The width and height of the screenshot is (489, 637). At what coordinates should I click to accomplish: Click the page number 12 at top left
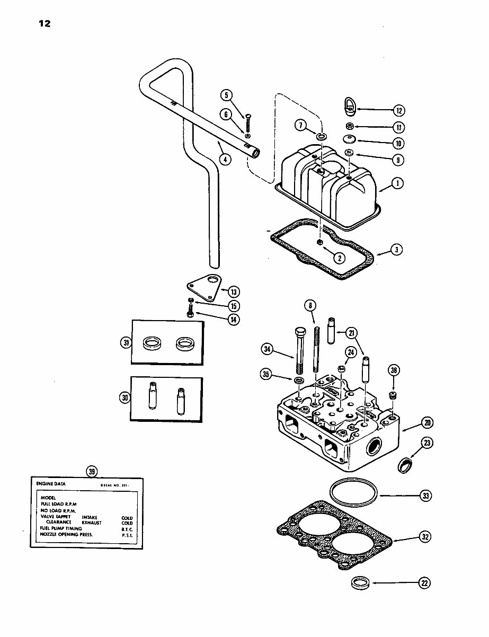click(44, 23)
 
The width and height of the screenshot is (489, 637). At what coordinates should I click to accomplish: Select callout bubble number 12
click(399, 111)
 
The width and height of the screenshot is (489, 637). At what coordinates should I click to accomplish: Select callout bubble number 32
click(424, 537)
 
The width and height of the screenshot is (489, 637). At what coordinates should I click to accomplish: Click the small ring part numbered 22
click(361, 583)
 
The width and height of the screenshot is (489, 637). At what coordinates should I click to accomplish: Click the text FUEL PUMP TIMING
click(61, 528)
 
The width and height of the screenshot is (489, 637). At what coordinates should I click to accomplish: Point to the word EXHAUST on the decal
click(91, 523)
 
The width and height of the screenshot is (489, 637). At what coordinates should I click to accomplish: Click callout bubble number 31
click(126, 343)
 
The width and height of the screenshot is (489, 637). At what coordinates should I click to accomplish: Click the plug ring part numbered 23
click(405, 464)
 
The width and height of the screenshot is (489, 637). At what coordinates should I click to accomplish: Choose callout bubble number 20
click(426, 422)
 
